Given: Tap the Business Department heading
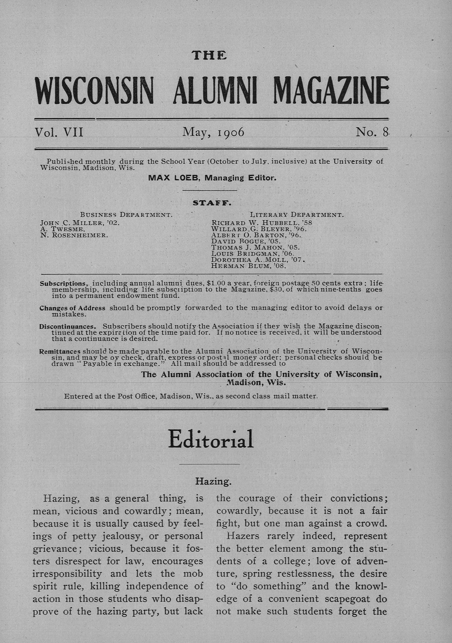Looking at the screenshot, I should [126, 215].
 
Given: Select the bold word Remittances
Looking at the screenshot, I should [60, 351].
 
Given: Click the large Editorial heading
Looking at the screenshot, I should [211, 440].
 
